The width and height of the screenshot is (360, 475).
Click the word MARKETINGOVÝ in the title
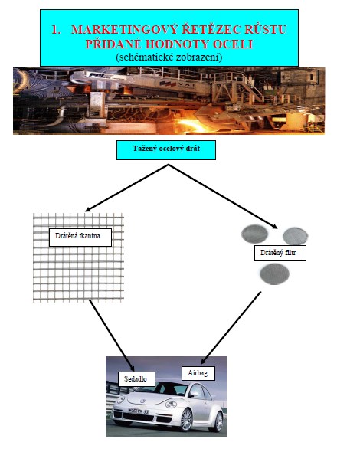point(124,30)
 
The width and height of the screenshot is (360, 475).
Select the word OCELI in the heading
point(233,44)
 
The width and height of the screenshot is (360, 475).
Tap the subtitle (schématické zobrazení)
point(169,57)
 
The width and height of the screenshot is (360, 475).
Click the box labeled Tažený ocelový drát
point(166,150)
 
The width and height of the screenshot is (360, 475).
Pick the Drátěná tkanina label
point(80,237)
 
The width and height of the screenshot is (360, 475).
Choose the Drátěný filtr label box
point(280,254)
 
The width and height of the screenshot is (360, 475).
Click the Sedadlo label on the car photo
point(136,379)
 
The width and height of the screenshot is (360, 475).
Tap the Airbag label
point(198,373)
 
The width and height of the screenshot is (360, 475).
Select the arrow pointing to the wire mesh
point(126,188)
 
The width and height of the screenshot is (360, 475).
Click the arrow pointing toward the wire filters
point(223,196)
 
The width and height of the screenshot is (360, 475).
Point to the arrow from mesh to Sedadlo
point(112,336)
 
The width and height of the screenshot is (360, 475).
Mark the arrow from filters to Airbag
point(231,328)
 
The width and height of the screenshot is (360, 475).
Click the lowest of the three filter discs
point(274,274)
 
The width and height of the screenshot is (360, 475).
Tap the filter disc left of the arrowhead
point(254,234)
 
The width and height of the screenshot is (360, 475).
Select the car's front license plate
point(139,411)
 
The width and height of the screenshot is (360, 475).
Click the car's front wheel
point(186,420)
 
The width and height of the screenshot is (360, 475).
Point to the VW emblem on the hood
point(143,401)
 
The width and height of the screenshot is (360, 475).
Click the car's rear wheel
point(218,421)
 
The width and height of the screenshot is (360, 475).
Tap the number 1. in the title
point(56,30)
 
